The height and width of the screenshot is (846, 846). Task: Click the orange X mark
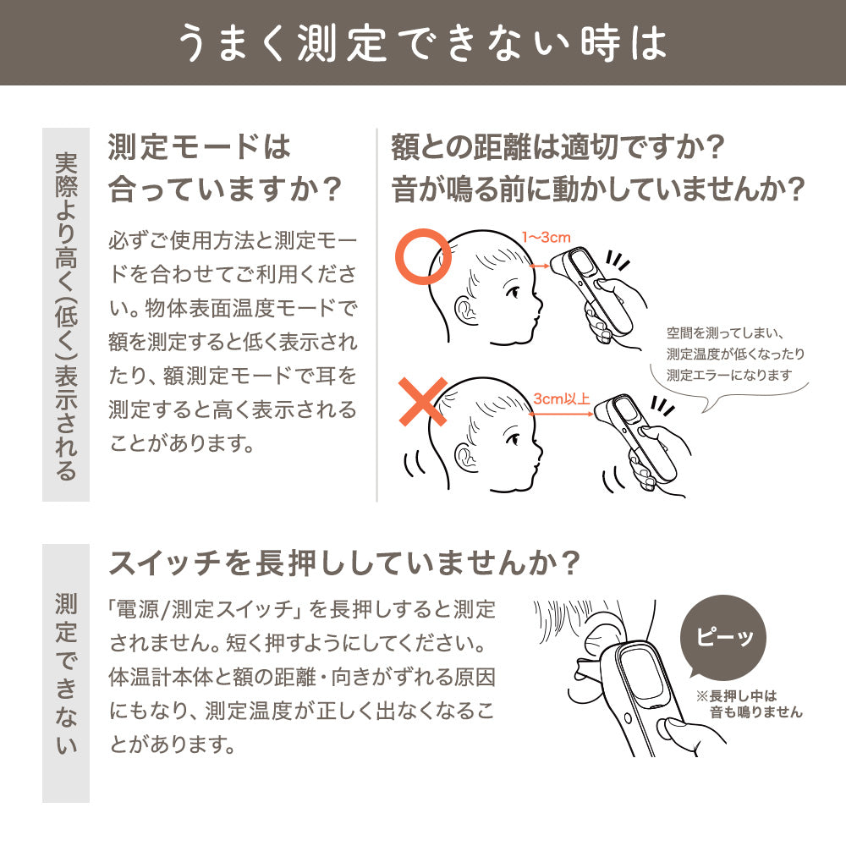[423, 402]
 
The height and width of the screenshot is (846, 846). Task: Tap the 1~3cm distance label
[546, 237]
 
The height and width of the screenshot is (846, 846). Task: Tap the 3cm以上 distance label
[562, 398]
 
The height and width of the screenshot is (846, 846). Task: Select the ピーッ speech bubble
[723, 637]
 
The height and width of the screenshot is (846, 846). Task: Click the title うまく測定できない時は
[423, 43]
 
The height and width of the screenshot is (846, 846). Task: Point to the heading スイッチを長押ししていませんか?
[344, 563]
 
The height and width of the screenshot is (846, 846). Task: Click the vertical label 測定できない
[66, 673]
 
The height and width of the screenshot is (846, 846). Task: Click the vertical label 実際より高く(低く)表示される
[66, 316]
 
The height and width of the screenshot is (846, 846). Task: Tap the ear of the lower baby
[465, 457]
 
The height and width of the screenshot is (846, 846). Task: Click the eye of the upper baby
[514, 291]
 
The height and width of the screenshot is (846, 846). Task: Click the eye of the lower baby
[514, 438]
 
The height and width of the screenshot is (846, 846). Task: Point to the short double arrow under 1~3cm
[540, 266]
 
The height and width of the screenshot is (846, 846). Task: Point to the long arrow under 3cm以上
[562, 414]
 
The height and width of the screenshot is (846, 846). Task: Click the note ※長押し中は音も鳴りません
[749, 704]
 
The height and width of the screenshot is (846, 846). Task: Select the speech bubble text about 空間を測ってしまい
[736, 354]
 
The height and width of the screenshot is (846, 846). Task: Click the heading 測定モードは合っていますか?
[224, 168]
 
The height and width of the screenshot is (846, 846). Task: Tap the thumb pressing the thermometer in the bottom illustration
[675, 729]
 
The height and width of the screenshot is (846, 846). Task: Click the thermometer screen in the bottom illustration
[641, 674]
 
